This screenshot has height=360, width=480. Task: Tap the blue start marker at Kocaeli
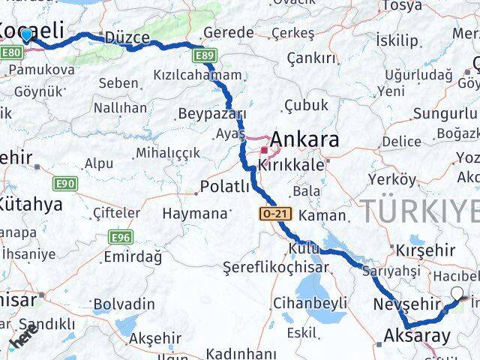pyautogui.click(x=26, y=34)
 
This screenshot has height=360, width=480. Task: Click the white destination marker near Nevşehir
pyautogui.click(x=457, y=294)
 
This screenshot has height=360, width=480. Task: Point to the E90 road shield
pyautogui.click(x=64, y=183)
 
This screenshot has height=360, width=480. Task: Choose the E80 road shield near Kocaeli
pyautogui.click(x=11, y=53)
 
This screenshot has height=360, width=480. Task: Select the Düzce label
pyautogui.click(x=127, y=37)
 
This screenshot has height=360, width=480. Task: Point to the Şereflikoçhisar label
pyautogui.click(x=276, y=267)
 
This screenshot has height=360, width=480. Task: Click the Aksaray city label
pyautogui.click(x=417, y=337)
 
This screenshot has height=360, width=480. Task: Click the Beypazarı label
pyautogui.click(x=212, y=114)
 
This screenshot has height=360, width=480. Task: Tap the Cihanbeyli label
pyautogui.click(x=310, y=302)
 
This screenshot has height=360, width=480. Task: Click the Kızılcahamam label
pyautogui.click(x=197, y=75)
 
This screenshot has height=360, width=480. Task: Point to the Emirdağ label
pyautogui.click(x=133, y=257)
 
